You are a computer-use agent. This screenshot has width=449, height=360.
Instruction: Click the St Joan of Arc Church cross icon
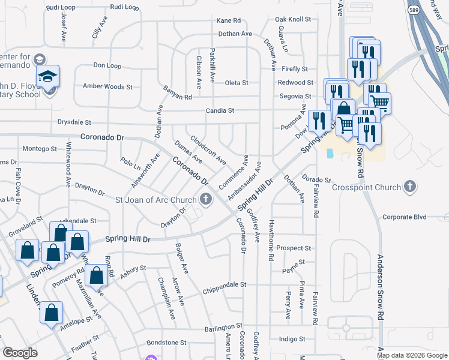point(206,200)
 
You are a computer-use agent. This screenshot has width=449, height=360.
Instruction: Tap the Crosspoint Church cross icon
point(410,186)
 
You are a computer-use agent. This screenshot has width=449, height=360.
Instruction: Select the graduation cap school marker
point(47,77)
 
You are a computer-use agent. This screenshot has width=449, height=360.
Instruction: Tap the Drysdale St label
point(74,122)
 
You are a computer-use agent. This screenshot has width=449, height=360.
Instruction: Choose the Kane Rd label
point(229,21)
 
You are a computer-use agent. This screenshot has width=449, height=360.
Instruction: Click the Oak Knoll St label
point(293,19)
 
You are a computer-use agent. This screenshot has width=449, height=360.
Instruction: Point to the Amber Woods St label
point(107,86)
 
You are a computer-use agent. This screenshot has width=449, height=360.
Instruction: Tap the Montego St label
point(39,148)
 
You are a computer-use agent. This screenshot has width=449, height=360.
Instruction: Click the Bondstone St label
point(167,343)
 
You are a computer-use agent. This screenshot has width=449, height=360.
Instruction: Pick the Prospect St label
point(294,248)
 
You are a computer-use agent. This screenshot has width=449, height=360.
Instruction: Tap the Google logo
point(20,352)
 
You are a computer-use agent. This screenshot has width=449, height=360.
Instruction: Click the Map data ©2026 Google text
point(411,355)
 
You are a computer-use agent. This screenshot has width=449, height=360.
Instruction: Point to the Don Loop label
point(107,65)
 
